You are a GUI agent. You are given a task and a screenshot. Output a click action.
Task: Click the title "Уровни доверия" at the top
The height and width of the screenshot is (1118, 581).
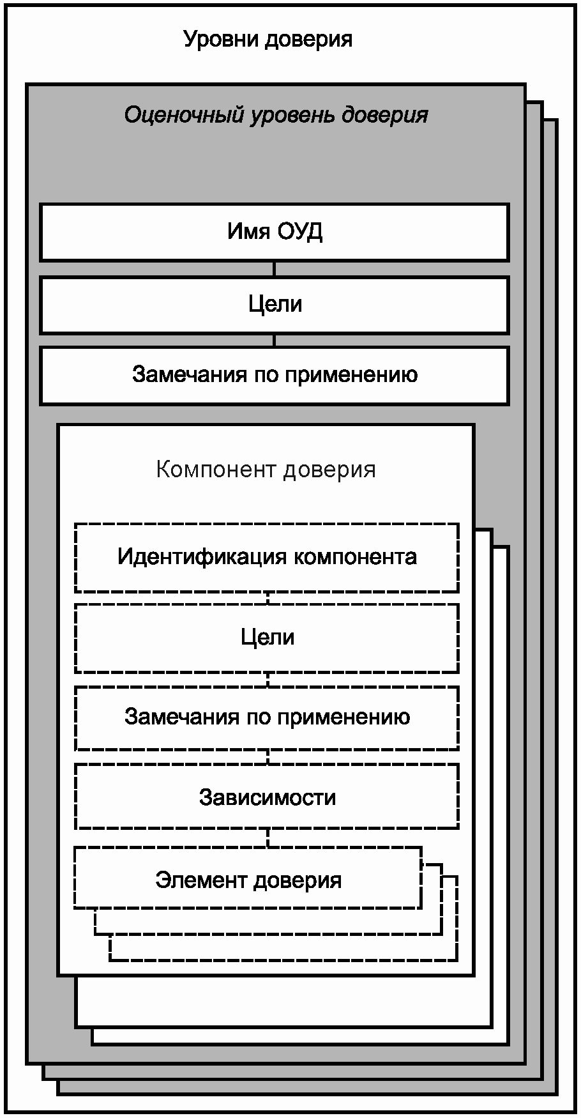pyautogui.click(x=268, y=40)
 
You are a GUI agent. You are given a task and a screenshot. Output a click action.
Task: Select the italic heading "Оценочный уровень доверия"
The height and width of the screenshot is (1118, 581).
pyautogui.click(x=275, y=115)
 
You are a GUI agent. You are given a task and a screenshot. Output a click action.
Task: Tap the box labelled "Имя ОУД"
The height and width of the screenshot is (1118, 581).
pyautogui.click(x=275, y=232)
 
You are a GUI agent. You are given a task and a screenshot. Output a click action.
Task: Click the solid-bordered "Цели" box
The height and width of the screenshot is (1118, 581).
pyautogui.click(x=275, y=305)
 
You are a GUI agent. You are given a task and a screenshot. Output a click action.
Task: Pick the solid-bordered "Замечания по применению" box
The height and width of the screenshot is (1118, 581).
pyautogui.click(x=275, y=375)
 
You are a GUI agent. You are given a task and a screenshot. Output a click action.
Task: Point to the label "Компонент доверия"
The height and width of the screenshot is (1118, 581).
pyautogui.click(x=266, y=470)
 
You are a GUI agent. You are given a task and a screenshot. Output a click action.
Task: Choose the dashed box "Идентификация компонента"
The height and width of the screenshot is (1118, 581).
pyautogui.click(x=267, y=557)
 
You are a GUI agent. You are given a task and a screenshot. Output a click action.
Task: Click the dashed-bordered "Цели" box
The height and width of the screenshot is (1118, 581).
pyautogui.click(x=267, y=638)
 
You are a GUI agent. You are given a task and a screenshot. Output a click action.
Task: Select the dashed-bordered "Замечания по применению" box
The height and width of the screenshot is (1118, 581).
pyautogui.click(x=267, y=717)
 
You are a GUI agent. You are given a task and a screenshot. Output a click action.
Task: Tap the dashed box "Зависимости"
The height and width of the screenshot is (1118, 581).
pyautogui.click(x=267, y=797)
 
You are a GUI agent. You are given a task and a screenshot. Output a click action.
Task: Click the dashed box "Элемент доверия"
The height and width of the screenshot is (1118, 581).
pyautogui.click(x=248, y=880)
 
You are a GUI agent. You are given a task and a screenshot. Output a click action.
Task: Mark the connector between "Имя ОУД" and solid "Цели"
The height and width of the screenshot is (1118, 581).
pyautogui.click(x=275, y=269)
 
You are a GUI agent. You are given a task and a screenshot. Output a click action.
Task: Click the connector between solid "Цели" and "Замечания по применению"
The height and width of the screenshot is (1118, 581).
pyautogui.click(x=275, y=341)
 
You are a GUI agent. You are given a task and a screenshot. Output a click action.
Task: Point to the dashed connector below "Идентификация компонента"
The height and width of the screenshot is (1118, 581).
pyautogui.click(x=268, y=598)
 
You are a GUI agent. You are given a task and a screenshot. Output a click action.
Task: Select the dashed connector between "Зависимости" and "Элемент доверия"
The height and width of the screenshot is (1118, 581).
pyautogui.click(x=268, y=838)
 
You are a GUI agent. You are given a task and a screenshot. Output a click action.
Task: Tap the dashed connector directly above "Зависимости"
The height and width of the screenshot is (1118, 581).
pyautogui.click(x=268, y=757)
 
